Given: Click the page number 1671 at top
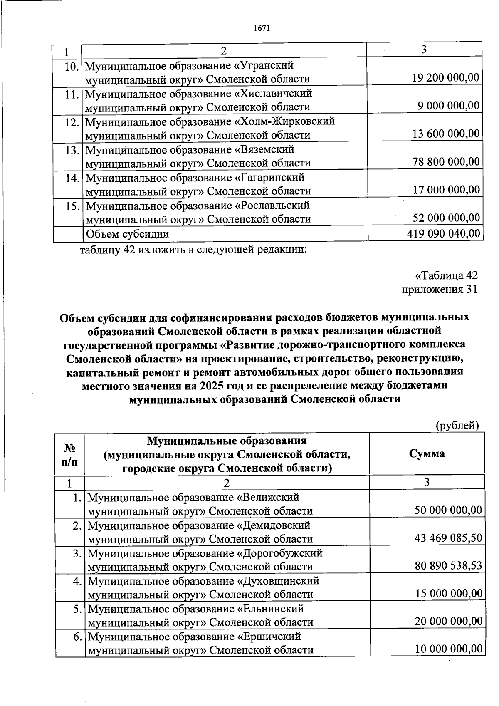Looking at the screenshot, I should click(262, 28).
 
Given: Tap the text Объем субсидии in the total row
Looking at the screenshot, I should click(127, 234).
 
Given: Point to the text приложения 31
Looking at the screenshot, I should click(439, 289).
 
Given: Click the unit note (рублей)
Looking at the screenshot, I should click(457, 425).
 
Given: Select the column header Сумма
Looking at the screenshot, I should click(427, 453).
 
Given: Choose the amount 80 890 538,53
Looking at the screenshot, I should click(448, 566).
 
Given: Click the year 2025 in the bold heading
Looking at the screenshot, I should click(212, 385).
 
